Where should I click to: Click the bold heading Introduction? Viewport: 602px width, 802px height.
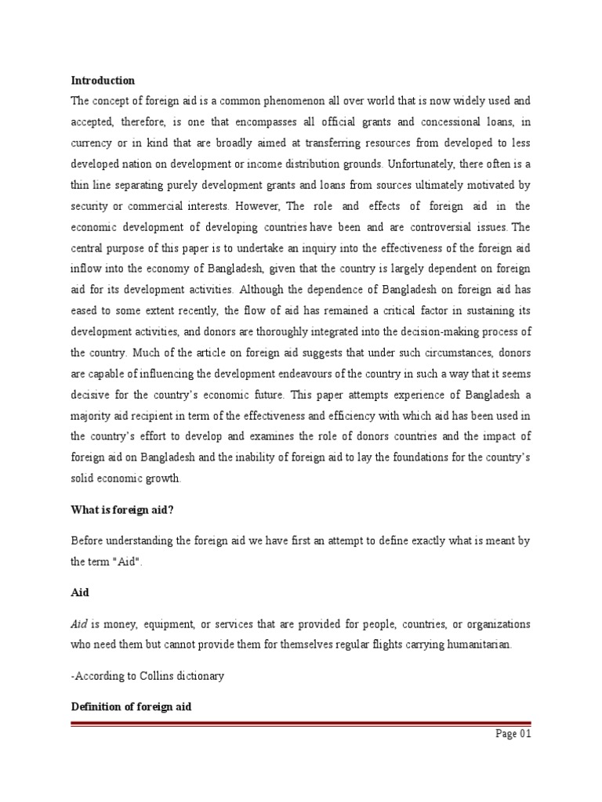point(103,81)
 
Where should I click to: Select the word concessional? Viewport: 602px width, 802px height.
point(430,121)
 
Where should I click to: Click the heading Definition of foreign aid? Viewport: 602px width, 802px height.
point(132,706)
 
